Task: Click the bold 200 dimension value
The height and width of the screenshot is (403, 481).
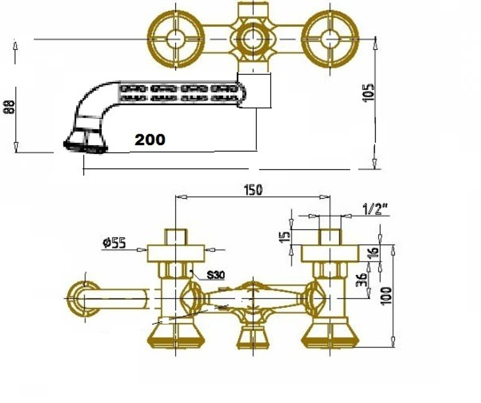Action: coord(150,140)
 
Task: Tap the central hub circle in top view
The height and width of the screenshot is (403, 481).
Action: coord(252,39)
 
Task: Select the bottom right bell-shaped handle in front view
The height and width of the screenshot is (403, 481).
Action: coord(330,335)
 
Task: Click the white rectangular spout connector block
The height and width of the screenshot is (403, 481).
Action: coord(254,90)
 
